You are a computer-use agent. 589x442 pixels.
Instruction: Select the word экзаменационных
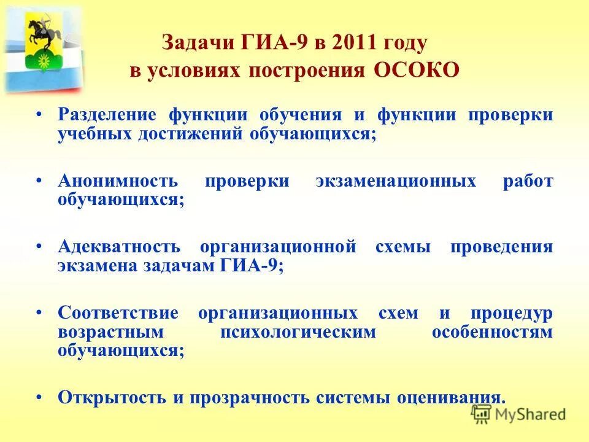point(396,181)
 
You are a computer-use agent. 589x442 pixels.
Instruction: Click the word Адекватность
point(119,247)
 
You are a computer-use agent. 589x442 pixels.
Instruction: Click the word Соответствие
point(118,313)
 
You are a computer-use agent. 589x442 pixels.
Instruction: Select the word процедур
point(511,313)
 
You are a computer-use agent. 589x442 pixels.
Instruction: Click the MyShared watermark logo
point(518,414)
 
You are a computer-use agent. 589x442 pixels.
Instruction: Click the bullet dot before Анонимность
point(39,180)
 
